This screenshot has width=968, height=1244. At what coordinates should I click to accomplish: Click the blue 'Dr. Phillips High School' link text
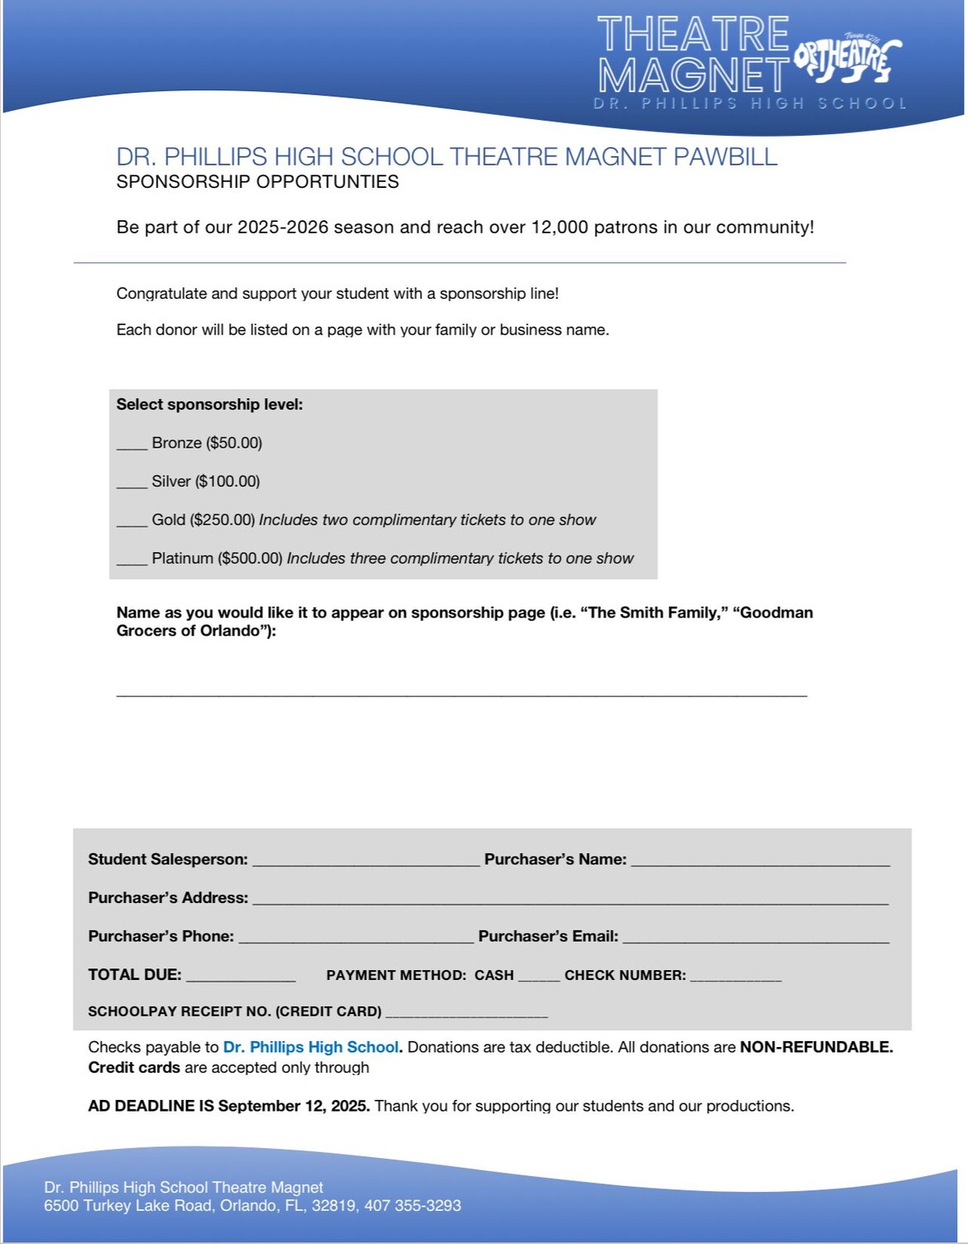311,1047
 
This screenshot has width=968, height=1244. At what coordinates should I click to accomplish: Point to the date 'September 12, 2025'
294,1106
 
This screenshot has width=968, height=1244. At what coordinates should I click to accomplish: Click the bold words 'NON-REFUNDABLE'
815,1047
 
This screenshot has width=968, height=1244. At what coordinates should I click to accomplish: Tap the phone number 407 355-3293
412,1205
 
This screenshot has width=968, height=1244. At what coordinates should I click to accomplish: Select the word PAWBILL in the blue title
725,156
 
